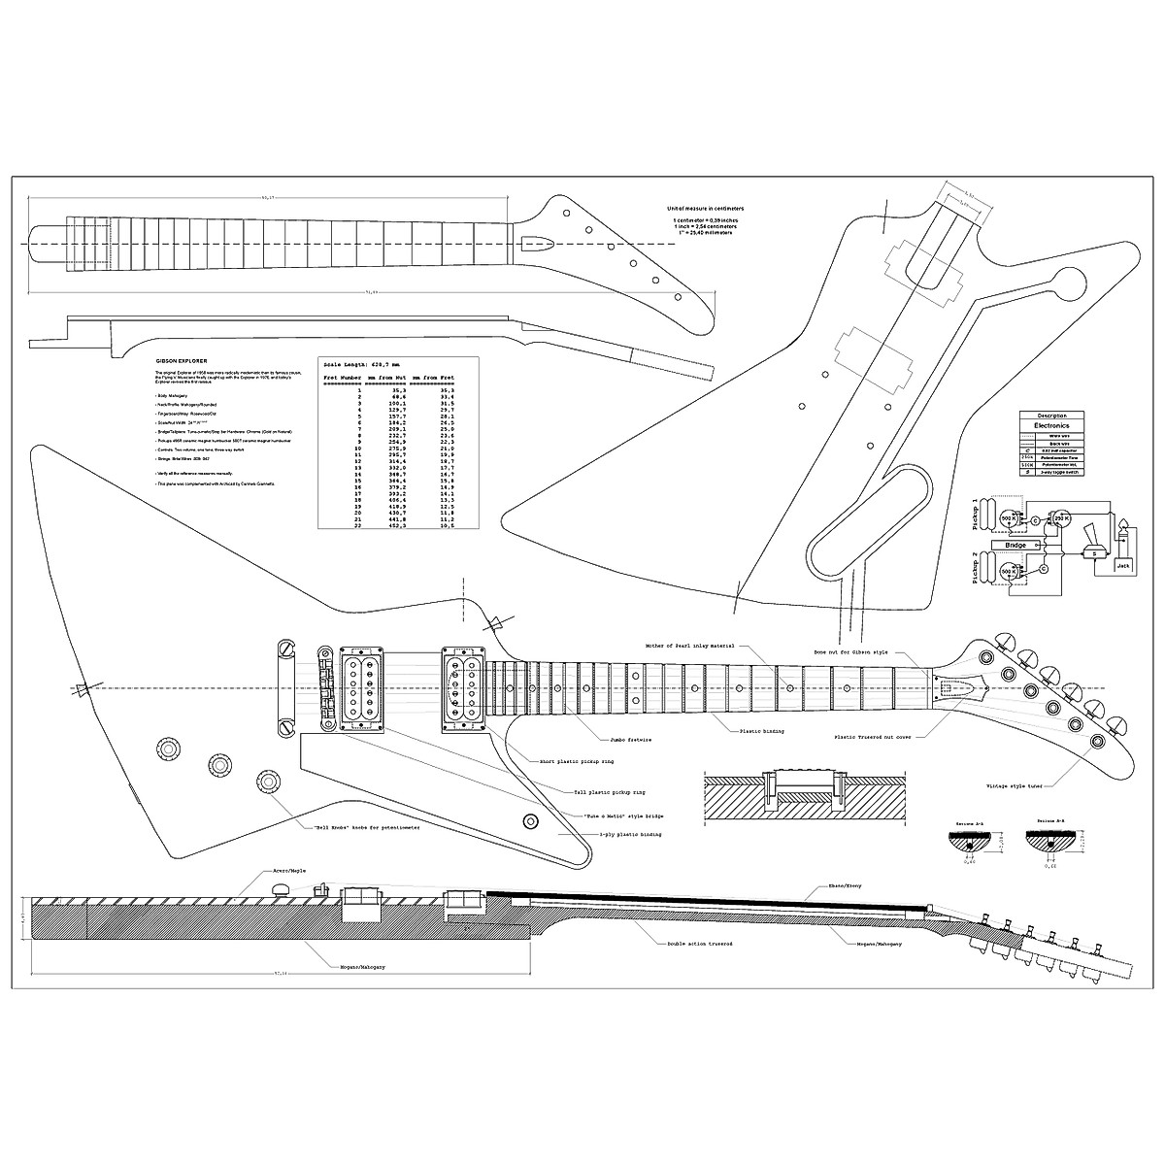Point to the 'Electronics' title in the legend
tap(1051, 425)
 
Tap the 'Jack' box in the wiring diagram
tap(1123, 564)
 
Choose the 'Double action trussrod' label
tap(698, 943)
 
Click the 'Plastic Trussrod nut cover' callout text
tap(872, 737)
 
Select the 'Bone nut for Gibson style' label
tap(849, 652)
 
